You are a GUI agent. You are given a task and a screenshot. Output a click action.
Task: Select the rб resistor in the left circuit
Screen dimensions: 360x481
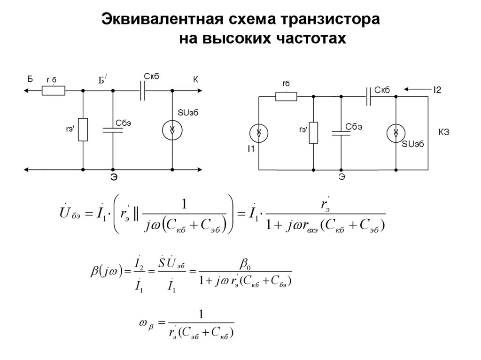click(54, 91)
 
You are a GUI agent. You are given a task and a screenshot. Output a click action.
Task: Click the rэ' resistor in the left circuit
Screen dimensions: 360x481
click(83, 130)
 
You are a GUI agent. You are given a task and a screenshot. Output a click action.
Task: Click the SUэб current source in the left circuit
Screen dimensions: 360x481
click(172, 130)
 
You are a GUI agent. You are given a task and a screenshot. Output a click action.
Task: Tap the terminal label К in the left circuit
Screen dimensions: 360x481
click(196, 80)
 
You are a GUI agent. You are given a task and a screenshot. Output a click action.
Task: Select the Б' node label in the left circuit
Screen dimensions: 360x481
click(102, 80)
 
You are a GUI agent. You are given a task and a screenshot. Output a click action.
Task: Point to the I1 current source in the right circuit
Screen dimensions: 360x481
click(259, 133)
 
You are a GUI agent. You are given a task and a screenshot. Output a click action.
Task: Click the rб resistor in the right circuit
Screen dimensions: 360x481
click(286, 96)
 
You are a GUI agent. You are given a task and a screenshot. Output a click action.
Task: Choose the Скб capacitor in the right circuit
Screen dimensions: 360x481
click(369, 96)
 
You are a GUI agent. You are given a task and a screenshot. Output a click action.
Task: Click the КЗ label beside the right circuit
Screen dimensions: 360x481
click(444, 133)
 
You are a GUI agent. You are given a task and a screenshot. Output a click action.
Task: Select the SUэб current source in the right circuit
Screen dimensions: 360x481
click(396, 133)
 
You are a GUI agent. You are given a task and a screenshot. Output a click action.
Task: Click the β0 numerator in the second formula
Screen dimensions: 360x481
click(245, 266)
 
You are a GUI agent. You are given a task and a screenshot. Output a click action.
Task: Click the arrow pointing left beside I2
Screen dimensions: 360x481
click(414, 89)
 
